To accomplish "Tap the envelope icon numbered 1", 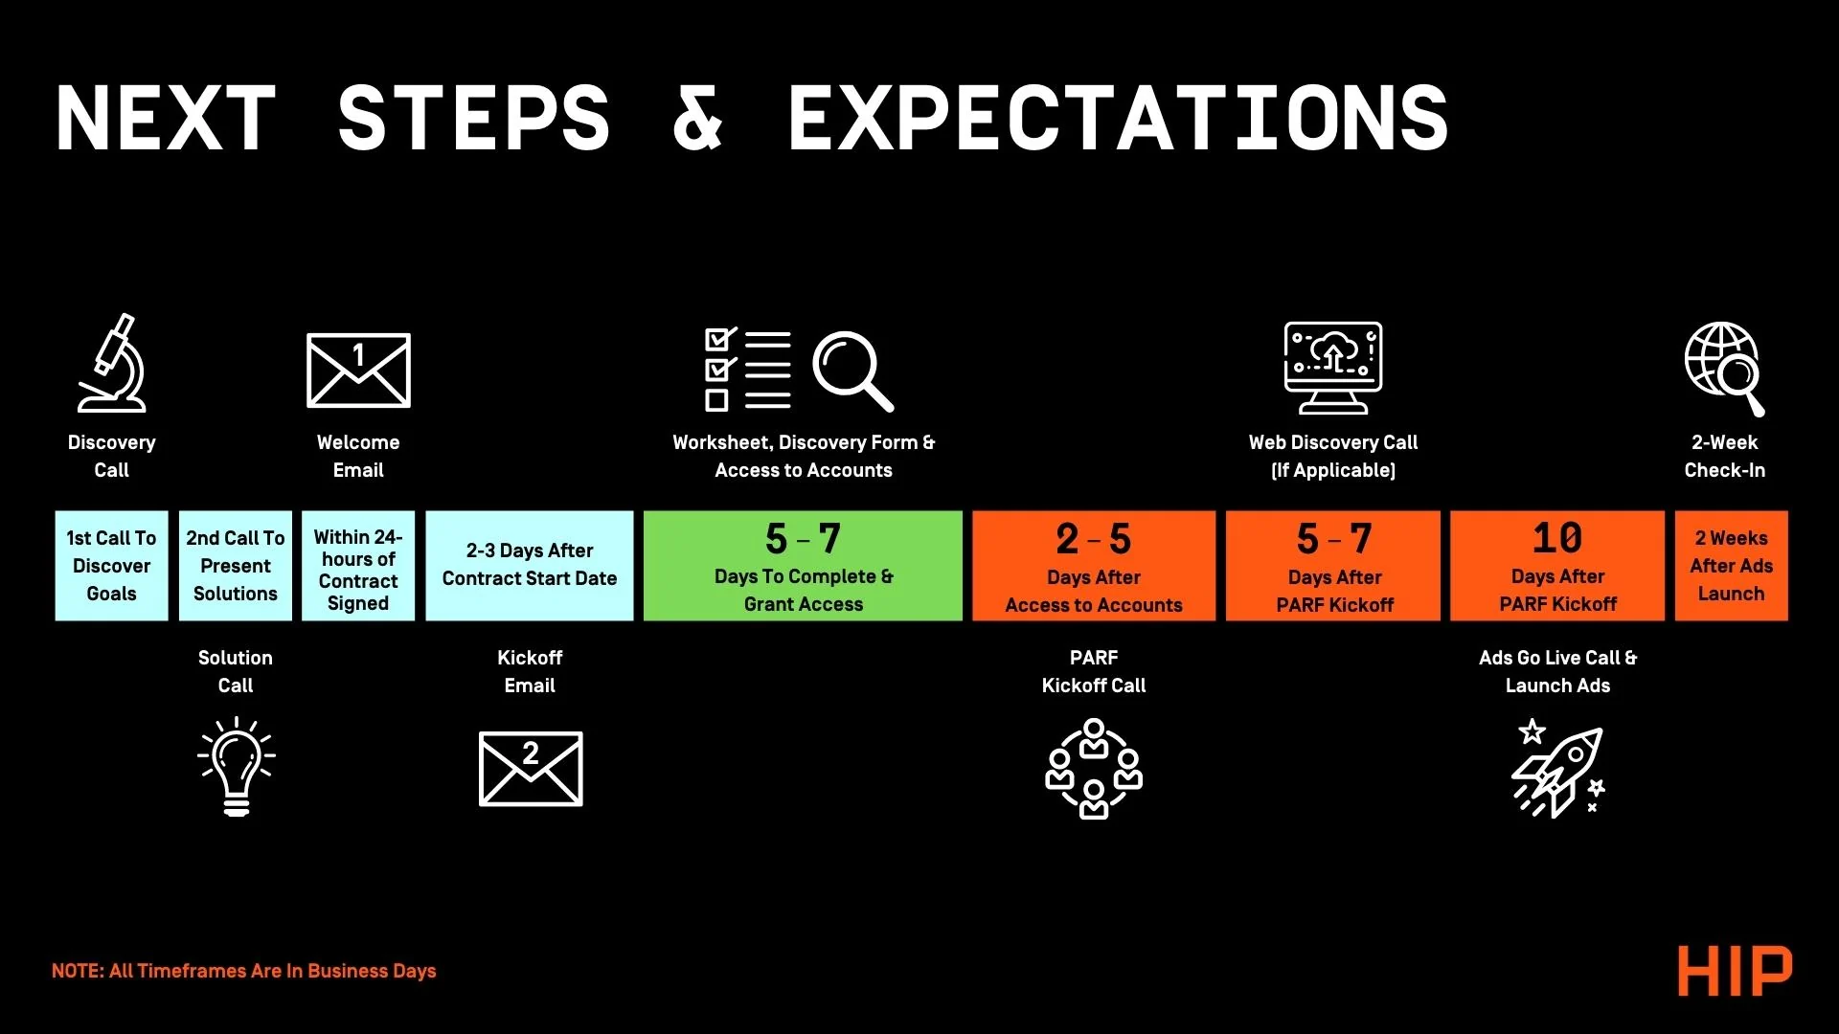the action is pos(358,371).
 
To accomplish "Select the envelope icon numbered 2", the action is pos(531,769).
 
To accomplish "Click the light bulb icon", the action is pos(236,767).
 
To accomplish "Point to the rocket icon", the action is pos(1557,769).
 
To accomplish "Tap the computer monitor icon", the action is pos(1333,368).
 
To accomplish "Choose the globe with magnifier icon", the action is pos(1725,369).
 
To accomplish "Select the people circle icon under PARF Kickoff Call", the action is pos(1094,769).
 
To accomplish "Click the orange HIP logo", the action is pos(1735,971).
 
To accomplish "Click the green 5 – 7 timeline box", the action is pos(803,566).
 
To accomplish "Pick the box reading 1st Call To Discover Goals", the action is pos(111,566).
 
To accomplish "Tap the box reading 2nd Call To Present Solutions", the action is pos(236,566).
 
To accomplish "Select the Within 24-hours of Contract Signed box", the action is pos(358,566).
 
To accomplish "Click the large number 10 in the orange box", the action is pos(1557,538).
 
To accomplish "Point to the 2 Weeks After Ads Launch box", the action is pos(1732,566).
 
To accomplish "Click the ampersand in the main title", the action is pos(697,118).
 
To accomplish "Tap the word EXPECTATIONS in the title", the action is pos(1118,118).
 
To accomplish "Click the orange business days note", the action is pos(243,971).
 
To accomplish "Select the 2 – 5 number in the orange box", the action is pos(1094,539).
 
